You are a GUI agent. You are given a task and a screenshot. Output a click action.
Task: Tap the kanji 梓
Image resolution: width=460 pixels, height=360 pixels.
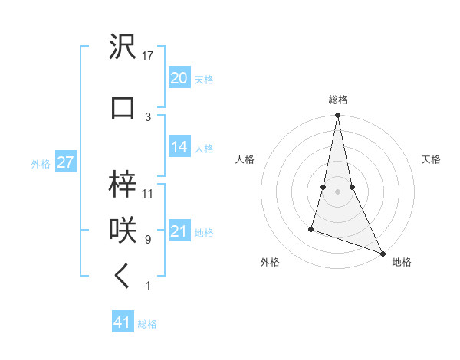click(123, 184)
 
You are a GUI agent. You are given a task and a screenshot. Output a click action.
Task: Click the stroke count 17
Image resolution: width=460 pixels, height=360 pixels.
click(149, 55)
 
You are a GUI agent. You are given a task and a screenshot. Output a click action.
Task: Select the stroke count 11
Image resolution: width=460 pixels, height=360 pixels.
click(149, 194)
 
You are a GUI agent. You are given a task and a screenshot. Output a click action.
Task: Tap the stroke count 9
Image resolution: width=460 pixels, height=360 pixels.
click(148, 240)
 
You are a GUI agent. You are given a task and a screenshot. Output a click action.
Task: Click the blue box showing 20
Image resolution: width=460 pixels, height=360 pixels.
click(179, 77)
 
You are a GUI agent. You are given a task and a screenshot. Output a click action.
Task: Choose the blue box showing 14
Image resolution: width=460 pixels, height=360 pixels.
click(179, 147)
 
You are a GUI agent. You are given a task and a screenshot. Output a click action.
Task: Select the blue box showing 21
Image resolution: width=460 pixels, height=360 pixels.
click(179, 231)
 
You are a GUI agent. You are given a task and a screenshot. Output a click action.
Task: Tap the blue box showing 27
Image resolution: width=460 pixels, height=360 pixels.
click(65, 162)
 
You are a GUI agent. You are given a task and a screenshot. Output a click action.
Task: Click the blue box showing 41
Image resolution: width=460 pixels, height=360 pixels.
click(123, 322)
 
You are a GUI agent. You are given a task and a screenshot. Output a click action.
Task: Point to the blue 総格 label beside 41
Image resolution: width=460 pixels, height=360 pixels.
click(147, 324)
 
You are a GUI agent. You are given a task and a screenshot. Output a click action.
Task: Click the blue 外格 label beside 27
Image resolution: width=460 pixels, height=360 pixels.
click(41, 164)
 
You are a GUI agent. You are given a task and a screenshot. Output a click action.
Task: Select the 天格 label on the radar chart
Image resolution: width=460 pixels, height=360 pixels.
click(431, 159)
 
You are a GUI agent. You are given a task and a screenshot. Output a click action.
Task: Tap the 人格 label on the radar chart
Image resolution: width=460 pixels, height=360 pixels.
click(245, 159)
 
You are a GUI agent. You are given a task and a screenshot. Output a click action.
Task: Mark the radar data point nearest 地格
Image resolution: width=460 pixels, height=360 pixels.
click(383, 253)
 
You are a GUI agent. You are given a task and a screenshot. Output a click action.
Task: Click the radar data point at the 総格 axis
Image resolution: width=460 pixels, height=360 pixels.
click(337, 116)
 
